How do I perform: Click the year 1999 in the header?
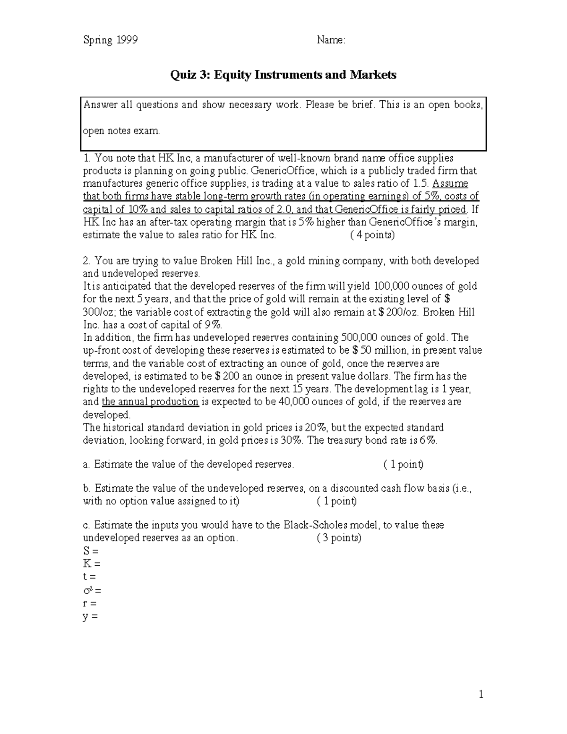point(126,40)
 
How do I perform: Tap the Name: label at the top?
point(331,40)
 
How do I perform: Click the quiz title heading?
point(283,75)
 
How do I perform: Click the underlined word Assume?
point(450,183)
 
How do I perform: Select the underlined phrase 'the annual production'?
point(150,402)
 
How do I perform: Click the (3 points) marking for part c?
point(339,538)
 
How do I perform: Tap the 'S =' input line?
point(91,551)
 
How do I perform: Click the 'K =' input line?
point(92,564)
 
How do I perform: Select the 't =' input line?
point(89,577)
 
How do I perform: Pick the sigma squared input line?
point(92,590)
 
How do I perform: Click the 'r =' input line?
point(90,603)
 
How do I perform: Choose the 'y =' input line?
point(90,616)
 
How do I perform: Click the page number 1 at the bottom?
point(481,694)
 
